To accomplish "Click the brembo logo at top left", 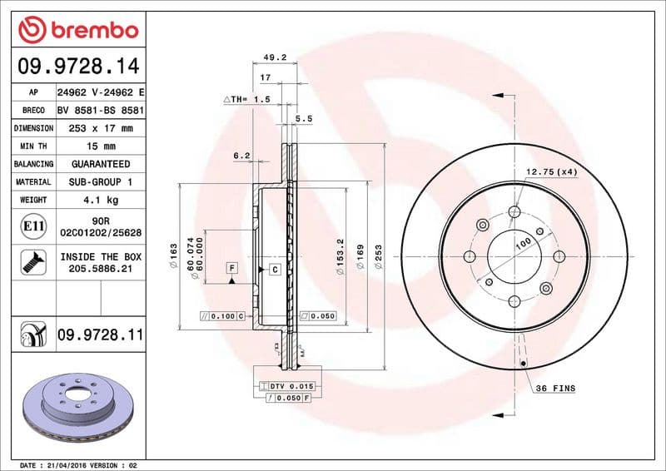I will (77, 30).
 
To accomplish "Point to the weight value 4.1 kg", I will (100, 200).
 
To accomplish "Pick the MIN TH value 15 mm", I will (100, 146).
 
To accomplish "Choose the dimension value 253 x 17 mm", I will (100, 128).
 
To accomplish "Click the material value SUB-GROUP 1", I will (100, 181).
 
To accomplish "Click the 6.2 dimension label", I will (241, 155).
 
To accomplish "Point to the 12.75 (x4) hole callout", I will (551, 171).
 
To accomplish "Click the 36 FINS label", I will (554, 389).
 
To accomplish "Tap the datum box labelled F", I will (231, 267).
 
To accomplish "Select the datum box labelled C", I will (273, 269).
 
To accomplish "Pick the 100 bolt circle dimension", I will (523, 243).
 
